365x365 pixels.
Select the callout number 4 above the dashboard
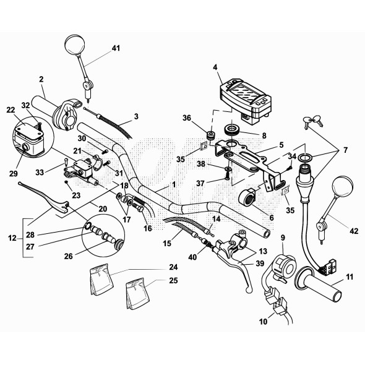(x=215, y=67)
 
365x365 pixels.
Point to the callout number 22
(x=11, y=109)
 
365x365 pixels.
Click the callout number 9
(x=283, y=238)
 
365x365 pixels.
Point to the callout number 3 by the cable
(x=135, y=116)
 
